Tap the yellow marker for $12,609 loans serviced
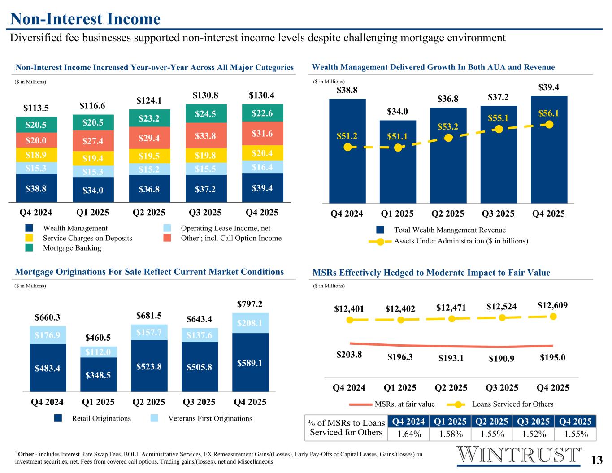coord(553,317)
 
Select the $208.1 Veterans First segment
coord(250,322)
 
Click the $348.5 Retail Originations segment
coord(99,374)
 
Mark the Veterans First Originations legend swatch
coord(154,418)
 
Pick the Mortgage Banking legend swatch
coord(29,248)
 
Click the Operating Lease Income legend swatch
coord(167,228)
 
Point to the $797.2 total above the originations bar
coord(250,304)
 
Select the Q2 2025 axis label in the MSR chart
coord(451,387)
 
